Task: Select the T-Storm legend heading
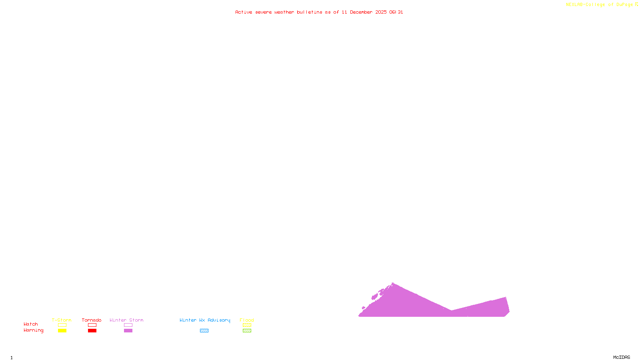[62, 320]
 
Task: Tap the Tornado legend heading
[92, 320]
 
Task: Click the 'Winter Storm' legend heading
[126, 320]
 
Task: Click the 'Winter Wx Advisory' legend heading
[205, 320]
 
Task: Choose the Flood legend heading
[247, 320]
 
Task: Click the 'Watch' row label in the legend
[31, 324]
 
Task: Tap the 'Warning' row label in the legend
[34, 330]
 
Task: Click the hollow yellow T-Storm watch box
[62, 325]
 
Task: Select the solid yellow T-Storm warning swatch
[62, 331]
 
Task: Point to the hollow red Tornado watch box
[92, 325]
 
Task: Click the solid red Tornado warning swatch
[92, 331]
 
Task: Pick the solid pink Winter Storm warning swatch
[128, 331]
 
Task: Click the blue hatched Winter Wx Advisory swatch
[204, 331]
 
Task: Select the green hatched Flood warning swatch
[247, 331]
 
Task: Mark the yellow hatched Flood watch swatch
[247, 325]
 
